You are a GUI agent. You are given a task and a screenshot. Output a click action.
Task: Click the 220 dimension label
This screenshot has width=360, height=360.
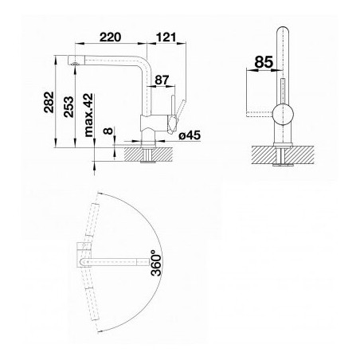click(110, 37)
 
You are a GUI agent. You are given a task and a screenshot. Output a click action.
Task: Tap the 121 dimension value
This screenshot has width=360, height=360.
click(166, 37)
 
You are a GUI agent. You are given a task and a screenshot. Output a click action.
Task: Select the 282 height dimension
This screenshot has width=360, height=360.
click(49, 102)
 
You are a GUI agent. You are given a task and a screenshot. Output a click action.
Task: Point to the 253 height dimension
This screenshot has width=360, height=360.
click(68, 107)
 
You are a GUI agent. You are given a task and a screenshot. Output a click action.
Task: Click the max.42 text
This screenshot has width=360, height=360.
click(88, 115)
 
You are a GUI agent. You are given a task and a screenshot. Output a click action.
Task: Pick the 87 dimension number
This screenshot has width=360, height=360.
click(162, 80)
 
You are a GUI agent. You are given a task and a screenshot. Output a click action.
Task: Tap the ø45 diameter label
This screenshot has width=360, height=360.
click(190, 135)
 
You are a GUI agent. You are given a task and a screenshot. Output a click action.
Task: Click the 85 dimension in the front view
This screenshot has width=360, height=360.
click(264, 62)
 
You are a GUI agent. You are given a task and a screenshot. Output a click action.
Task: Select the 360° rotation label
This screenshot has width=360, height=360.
click(156, 263)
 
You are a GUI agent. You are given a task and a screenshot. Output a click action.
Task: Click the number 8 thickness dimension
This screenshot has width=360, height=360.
click(108, 131)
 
